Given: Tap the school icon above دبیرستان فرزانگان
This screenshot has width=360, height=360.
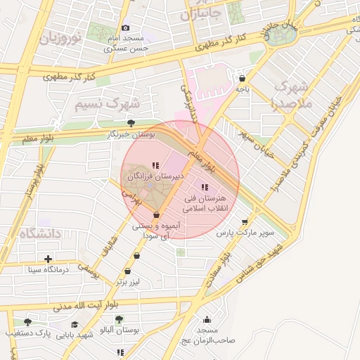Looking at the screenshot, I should pos(155,166).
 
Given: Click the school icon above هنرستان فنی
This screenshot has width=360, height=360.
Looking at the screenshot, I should pos(205,187).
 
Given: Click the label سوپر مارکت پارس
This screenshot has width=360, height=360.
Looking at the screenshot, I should pos(243,231).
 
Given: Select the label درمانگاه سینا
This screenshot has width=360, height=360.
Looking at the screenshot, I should pos(47,269).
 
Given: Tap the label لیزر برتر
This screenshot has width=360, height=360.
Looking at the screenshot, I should pos(129,281).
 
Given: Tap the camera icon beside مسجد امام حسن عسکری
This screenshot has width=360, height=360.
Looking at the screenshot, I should pos(126,27).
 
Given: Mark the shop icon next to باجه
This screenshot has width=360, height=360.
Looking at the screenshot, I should pos(243,79).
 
